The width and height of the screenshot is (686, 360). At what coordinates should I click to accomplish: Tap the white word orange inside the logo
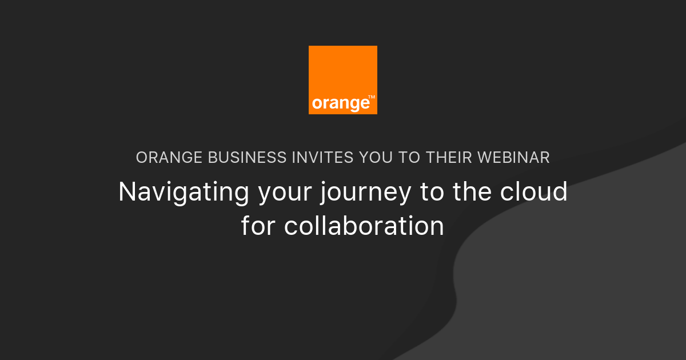tap(340, 104)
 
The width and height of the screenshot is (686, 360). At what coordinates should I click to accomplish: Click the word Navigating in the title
tap(184, 193)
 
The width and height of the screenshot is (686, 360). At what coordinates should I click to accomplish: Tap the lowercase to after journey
tap(432, 193)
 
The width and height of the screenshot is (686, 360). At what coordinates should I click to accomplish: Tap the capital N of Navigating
tap(126, 192)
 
